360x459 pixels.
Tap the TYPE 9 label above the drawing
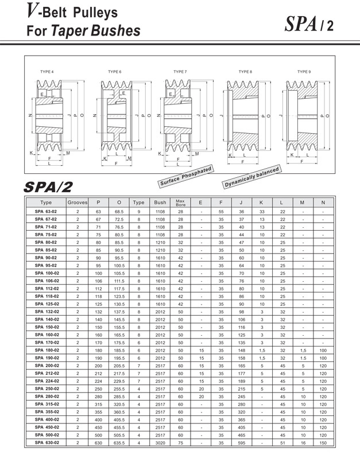(x=304, y=71)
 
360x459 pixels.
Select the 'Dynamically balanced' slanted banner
(x=252, y=178)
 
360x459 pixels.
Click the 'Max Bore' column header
(x=180, y=203)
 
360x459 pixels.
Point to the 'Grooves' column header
(x=78, y=203)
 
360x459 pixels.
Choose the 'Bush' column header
(x=160, y=203)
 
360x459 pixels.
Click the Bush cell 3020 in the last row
(x=160, y=443)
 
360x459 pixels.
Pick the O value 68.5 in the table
(x=119, y=212)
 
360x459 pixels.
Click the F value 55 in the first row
(x=221, y=212)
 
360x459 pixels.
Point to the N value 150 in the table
(x=323, y=443)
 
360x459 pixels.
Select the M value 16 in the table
(x=302, y=443)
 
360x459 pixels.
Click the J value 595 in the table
(x=242, y=443)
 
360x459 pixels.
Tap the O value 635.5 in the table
(x=119, y=443)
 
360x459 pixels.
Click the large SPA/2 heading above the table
(x=48, y=187)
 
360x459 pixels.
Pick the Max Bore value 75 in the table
(x=180, y=443)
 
